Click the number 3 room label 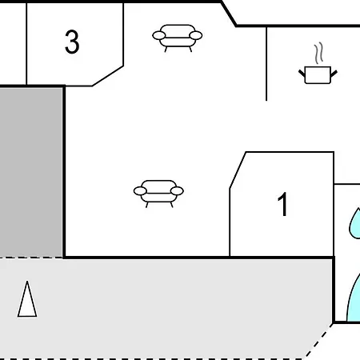72,42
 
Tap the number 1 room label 282,204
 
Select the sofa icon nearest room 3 178,38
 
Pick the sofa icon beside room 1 158,194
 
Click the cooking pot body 318,75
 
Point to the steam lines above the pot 318,53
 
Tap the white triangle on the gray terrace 27,299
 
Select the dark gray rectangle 31,172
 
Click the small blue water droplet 355,223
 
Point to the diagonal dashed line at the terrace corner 319,341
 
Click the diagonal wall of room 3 108,76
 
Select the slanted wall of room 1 238,170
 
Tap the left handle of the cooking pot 302,74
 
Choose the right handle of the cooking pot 334,74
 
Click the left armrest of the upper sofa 159,35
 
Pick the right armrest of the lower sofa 177,191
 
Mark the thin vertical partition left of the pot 266,64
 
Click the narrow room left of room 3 13,44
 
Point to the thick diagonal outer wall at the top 229,14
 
